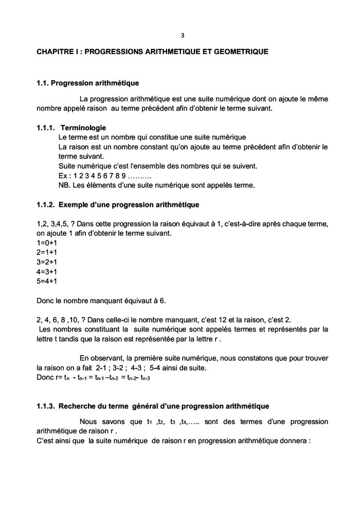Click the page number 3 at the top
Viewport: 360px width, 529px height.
[182, 36]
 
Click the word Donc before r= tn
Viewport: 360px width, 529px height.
[45, 377]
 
